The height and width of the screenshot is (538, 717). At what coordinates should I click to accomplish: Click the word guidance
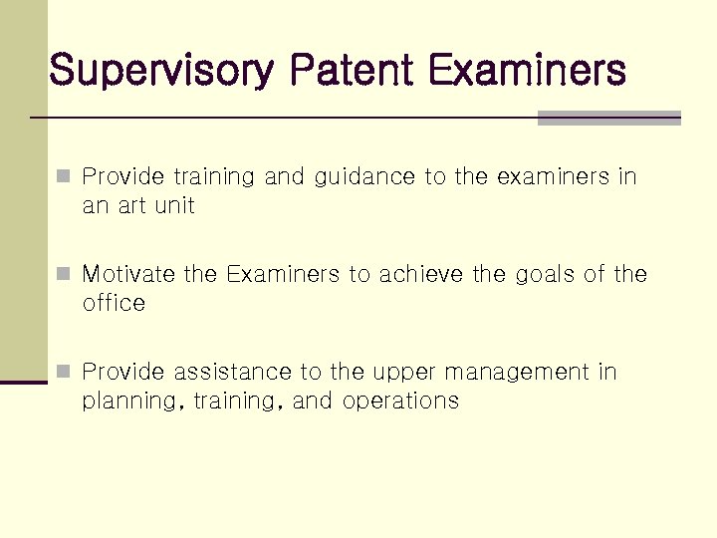[x=364, y=178]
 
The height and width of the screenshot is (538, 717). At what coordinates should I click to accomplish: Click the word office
[x=114, y=303]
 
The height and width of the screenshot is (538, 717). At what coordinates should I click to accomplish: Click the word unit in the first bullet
[x=173, y=207]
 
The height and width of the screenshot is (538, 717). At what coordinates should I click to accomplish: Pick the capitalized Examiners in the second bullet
[x=283, y=274]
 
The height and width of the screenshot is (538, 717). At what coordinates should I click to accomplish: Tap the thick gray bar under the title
[x=608, y=118]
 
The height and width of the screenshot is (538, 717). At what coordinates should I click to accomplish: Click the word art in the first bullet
[x=129, y=207]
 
